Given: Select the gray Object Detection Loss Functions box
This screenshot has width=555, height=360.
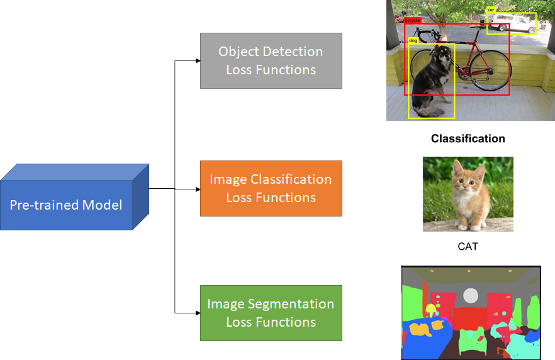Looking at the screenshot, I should click(271, 60).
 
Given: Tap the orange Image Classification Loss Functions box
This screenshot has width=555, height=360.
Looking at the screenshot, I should click(271, 188).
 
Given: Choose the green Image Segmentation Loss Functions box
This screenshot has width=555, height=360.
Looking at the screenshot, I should click(271, 313).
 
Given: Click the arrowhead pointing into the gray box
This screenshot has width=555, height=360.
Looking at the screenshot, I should click(197, 61).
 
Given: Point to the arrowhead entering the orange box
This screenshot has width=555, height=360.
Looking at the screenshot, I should click(197, 188).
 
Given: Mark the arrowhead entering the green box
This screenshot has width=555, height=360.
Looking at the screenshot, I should click(197, 313).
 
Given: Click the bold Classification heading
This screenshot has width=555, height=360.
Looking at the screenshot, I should click(468, 138).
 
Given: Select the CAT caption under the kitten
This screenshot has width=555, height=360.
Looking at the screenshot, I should click(468, 246).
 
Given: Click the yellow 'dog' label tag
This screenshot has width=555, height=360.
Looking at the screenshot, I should click(413, 40).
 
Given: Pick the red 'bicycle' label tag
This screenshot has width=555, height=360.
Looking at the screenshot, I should click(412, 21).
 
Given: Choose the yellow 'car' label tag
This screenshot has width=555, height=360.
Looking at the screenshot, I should click(491, 10).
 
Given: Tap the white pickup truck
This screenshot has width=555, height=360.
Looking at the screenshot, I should click(513, 24).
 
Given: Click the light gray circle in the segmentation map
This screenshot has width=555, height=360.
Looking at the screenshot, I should click(471, 295).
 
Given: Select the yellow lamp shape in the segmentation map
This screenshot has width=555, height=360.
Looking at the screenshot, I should click(432, 310).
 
